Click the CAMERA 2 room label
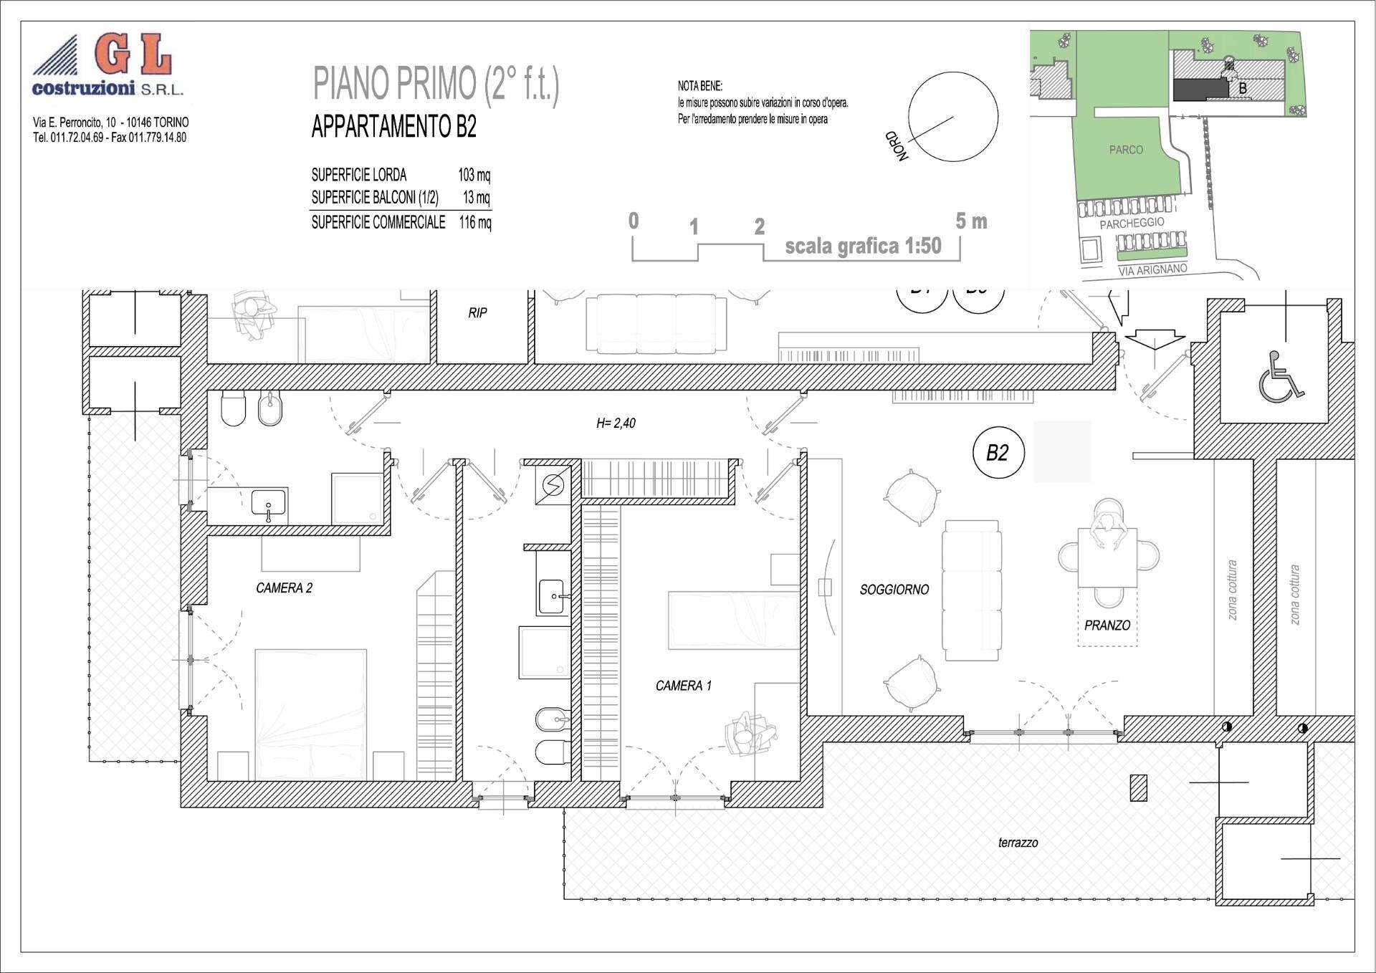click(284, 588)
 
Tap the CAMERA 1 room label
click(684, 686)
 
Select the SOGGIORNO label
click(894, 590)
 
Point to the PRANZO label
click(1107, 625)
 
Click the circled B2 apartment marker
click(998, 453)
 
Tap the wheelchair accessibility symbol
click(1280, 375)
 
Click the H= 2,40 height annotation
click(616, 423)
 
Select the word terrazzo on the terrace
click(1018, 843)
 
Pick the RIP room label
click(478, 313)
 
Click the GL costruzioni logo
click(109, 64)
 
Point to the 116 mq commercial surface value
click(475, 222)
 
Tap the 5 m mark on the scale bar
click(971, 221)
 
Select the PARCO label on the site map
click(1126, 150)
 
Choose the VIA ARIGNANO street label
click(1152, 269)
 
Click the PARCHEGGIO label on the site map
click(1132, 224)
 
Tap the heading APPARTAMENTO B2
click(393, 127)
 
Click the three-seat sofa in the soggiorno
click(972, 590)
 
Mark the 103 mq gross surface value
click(474, 174)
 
